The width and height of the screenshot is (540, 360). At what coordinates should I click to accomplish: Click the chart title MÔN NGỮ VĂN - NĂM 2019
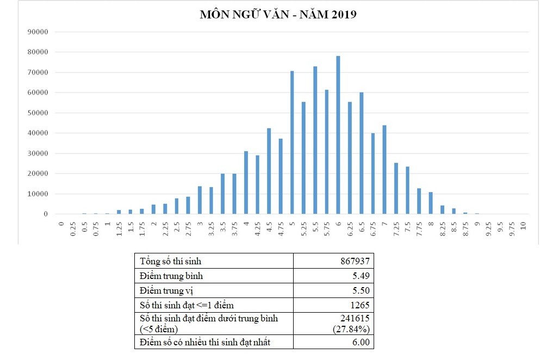(278, 15)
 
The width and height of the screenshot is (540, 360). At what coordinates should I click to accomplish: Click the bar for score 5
(292, 142)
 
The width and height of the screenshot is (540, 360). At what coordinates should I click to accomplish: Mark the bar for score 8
(431, 203)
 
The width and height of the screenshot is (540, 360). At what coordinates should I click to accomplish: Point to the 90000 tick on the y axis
(38, 32)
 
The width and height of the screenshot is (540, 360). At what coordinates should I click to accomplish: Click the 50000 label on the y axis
(38, 113)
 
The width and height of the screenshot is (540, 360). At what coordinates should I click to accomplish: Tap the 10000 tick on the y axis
(38, 194)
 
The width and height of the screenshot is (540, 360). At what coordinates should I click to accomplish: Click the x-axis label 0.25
(73, 229)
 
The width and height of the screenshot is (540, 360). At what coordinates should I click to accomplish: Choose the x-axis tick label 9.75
(511, 229)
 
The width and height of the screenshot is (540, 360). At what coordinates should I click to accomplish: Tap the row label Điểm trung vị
(167, 291)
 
